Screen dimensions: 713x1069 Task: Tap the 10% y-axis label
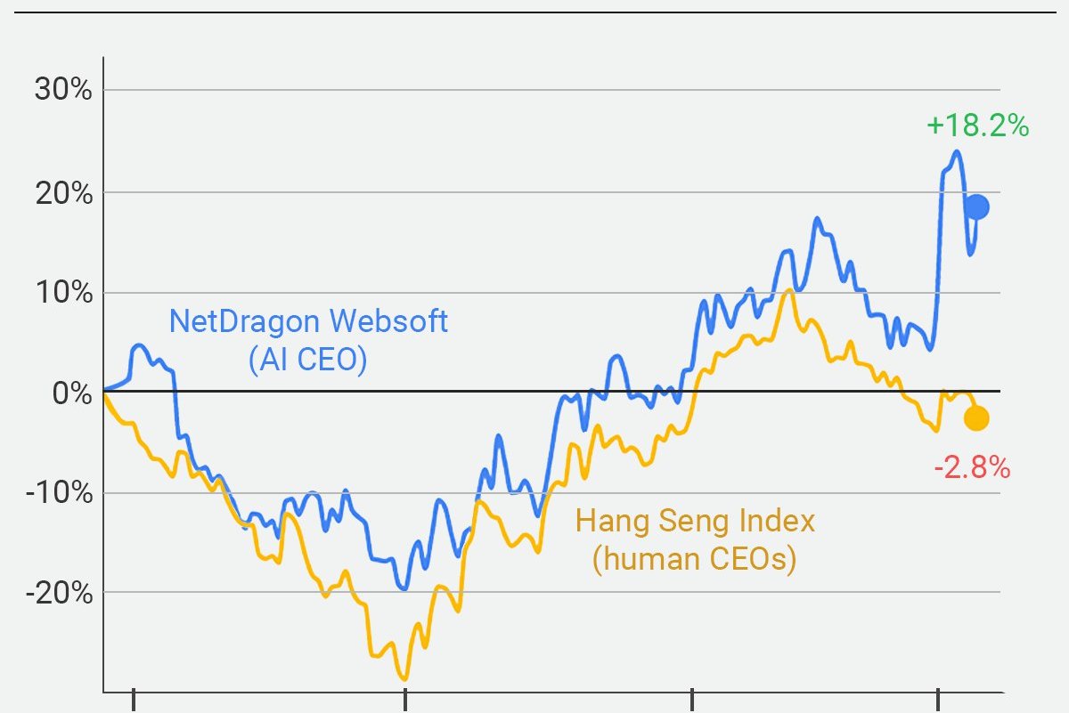pyautogui.click(x=62, y=293)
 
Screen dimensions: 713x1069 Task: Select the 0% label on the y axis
pyautogui.click(x=71, y=393)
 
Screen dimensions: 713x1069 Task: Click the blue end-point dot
pyautogui.click(x=977, y=207)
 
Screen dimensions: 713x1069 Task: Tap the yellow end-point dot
pyautogui.click(x=976, y=418)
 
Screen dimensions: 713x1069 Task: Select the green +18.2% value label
pyautogui.click(x=977, y=126)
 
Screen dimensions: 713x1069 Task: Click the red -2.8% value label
pyautogui.click(x=972, y=466)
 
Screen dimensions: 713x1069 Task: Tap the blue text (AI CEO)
pyautogui.click(x=307, y=360)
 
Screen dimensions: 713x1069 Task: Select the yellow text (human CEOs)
pyautogui.click(x=694, y=559)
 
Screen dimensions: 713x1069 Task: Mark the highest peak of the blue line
pyautogui.click(x=956, y=151)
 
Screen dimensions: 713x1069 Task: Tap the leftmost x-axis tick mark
pyautogui.click(x=134, y=700)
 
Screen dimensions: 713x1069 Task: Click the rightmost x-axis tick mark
pyautogui.click(x=938, y=700)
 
